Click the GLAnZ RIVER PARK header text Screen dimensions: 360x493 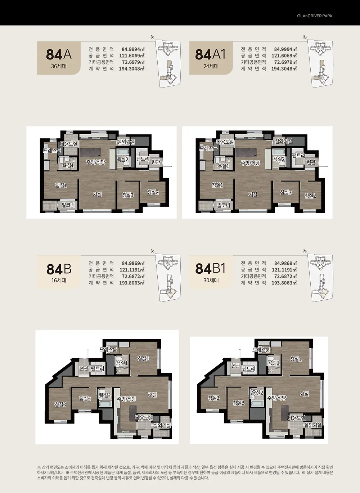pyautogui.click(x=315, y=16)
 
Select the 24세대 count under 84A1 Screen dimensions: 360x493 pyautogui.click(x=211, y=66)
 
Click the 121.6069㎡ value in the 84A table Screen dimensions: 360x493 pyautogui.click(x=132, y=55)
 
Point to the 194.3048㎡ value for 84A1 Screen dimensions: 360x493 pyautogui.click(x=284, y=69)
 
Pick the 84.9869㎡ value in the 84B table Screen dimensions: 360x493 pyautogui.click(x=133, y=263)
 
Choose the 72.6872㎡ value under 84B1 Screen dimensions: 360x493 pyautogui.click(x=285, y=276)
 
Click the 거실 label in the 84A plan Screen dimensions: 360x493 pyautogui.click(x=97, y=194)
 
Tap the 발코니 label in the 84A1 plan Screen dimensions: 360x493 pyautogui.click(x=224, y=205)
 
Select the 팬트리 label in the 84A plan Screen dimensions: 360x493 pyautogui.click(x=143, y=158)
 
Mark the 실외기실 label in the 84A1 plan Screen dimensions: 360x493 pyautogui.click(x=283, y=141)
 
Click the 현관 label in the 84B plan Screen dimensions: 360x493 pyautogui.click(x=84, y=368)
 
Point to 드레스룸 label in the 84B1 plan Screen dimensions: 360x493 pyautogui.click(x=261, y=350)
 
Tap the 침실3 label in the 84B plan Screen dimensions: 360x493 pyautogui.click(x=60, y=404)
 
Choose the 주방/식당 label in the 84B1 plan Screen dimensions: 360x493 pyautogui.click(x=277, y=398)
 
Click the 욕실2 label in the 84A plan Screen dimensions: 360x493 pyautogui.click(x=122, y=159)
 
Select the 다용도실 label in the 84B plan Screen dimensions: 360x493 pyautogui.click(x=144, y=417)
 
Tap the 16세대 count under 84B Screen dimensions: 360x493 pyautogui.click(x=59, y=280)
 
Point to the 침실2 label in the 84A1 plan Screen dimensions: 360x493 pyautogui.click(x=310, y=196)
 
